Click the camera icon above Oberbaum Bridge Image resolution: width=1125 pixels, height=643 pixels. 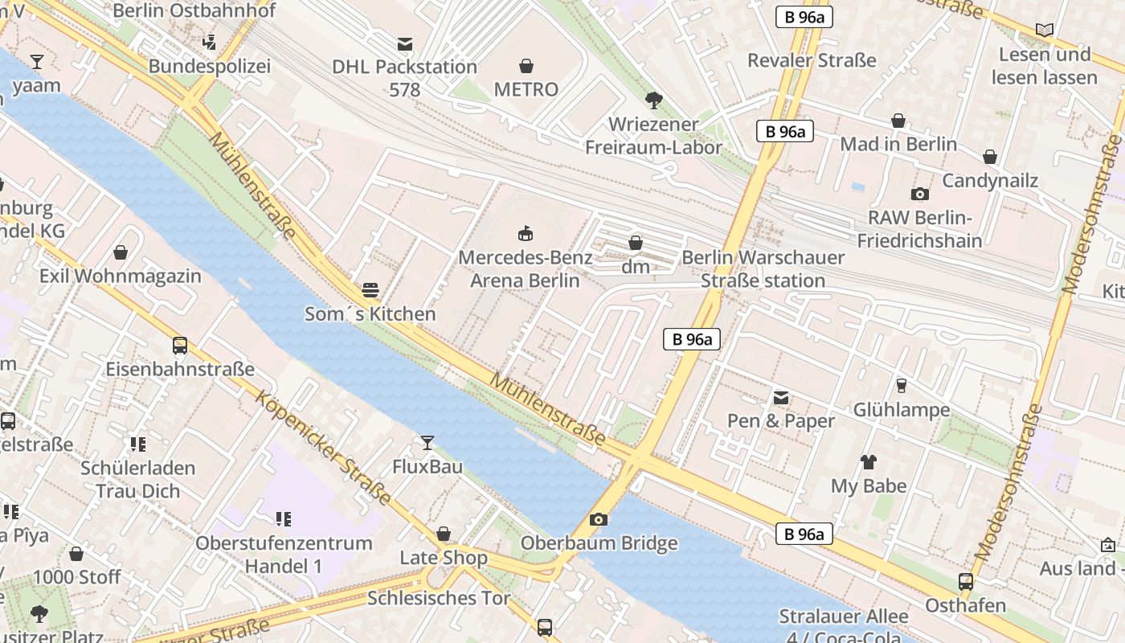click(598, 519)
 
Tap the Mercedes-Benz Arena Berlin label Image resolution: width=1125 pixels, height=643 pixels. click(525, 269)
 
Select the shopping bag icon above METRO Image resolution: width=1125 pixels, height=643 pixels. click(526, 65)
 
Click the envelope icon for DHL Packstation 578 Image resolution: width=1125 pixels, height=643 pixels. click(405, 43)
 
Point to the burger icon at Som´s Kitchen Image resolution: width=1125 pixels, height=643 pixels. click(370, 289)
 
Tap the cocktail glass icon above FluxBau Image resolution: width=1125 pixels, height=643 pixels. click(427, 443)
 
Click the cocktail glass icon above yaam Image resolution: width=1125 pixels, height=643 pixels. click(36, 62)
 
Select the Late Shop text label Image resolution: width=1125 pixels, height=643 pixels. click(444, 558)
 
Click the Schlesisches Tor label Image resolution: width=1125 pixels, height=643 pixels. click(439, 598)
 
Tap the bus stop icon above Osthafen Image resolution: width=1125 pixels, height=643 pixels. click(966, 581)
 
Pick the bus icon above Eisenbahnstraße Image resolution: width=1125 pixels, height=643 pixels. click(180, 346)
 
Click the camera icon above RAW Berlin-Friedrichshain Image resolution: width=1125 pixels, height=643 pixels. click(919, 194)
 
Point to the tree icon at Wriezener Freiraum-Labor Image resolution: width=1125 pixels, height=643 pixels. click(654, 100)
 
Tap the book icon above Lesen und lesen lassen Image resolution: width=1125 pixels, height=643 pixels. click(1044, 31)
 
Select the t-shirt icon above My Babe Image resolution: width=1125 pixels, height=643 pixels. click(869, 462)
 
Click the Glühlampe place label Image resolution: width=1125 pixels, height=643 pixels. click(901, 410)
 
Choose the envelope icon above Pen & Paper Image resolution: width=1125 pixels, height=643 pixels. click(781, 397)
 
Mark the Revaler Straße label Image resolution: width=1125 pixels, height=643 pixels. click(812, 60)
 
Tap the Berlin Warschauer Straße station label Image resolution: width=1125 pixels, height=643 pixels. click(763, 269)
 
